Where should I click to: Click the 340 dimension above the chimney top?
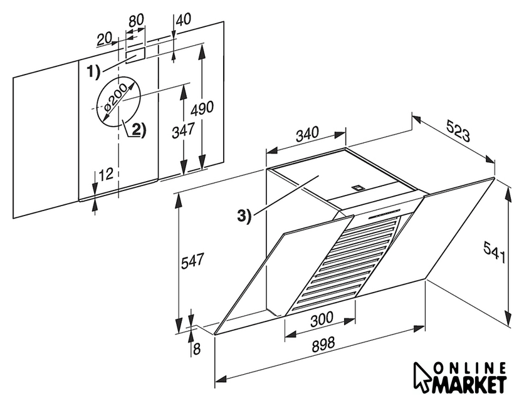tap(307, 133)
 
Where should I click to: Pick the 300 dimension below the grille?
tap(322, 319)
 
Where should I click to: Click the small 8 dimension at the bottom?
tap(197, 349)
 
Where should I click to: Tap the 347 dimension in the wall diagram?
tap(182, 131)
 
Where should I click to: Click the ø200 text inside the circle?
tap(117, 98)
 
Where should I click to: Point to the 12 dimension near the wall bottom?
tap(106, 174)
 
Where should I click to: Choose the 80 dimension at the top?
tap(136, 19)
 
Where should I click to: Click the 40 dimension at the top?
tap(183, 19)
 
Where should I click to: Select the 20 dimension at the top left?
tap(105, 39)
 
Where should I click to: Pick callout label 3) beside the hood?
tap(244, 216)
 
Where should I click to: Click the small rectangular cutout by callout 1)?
tap(135, 54)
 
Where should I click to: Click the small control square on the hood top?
tap(358, 186)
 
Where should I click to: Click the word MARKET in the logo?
tap(466, 383)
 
